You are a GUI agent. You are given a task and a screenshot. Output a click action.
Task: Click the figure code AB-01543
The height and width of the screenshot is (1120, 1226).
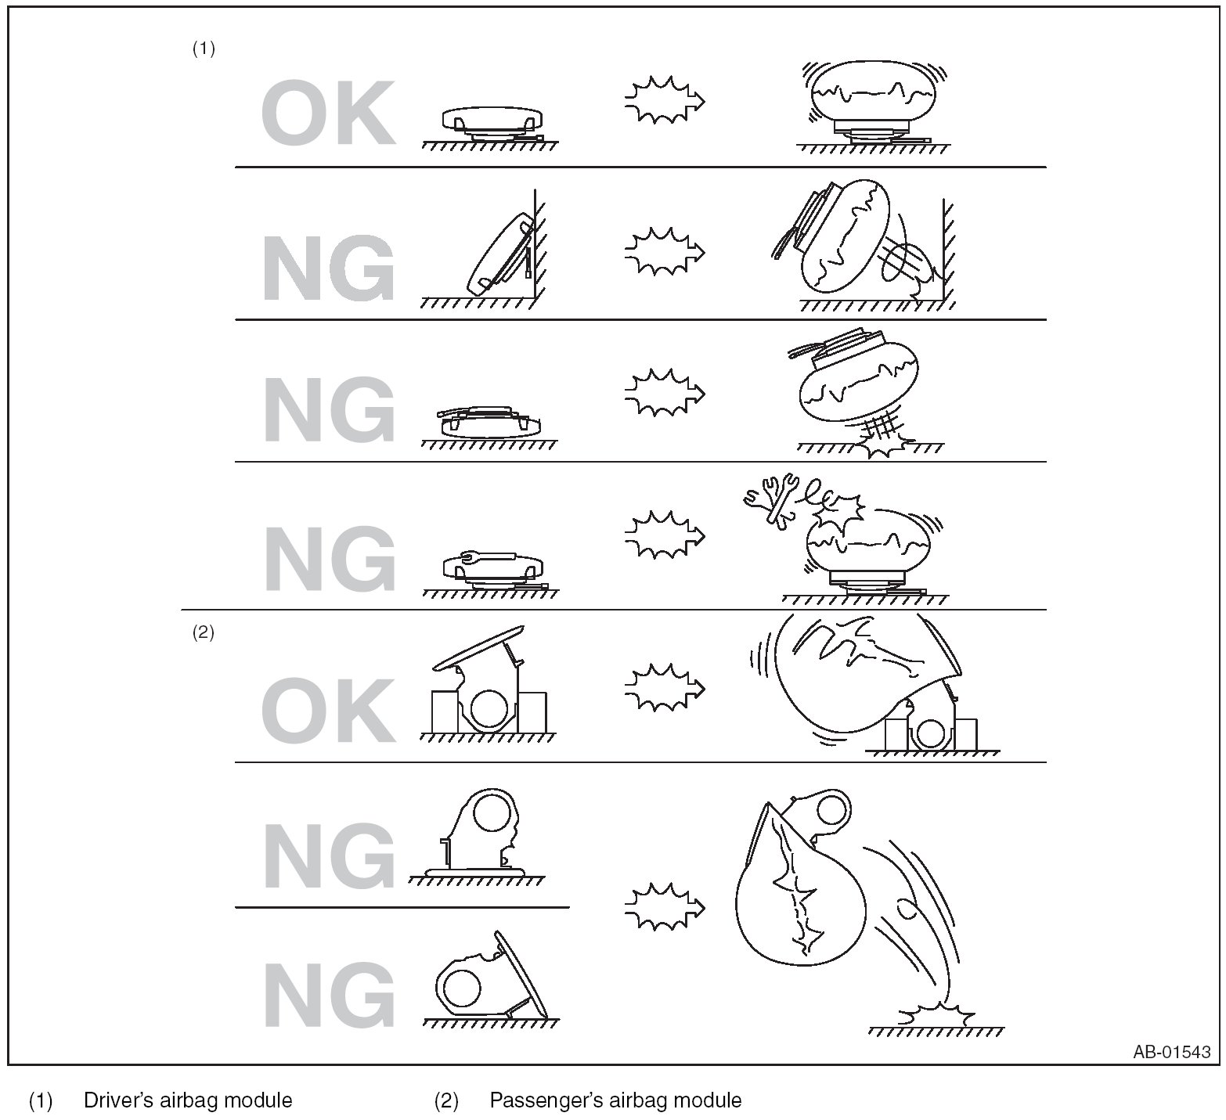click(x=1170, y=1052)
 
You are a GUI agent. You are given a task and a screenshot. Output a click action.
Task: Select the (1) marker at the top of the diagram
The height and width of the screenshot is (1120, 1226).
click(x=204, y=49)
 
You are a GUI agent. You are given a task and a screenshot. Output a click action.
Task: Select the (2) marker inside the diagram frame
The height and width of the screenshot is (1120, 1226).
click(x=204, y=633)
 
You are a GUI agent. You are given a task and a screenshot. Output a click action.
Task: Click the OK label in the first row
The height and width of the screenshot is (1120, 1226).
click(x=327, y=115)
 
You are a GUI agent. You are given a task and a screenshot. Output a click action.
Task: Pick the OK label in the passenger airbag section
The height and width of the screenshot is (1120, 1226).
click(x=327, y=710)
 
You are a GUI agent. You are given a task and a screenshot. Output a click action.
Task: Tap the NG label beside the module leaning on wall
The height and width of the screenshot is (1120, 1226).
click(x=327, y=270)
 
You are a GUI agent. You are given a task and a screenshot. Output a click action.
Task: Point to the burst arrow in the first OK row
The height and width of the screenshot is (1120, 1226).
click(x=665, y=100)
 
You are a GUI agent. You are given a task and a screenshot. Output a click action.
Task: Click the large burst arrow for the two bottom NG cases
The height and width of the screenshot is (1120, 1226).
click(x=665, y=906)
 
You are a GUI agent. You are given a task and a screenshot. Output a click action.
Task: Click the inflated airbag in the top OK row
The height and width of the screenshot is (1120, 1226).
click(x=872, y=91)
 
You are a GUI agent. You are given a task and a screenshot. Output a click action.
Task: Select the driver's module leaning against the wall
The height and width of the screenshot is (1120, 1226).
click(x=503, y=253)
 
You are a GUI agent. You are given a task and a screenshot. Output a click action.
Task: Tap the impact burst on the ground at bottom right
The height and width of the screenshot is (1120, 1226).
click(x=936, y=1015)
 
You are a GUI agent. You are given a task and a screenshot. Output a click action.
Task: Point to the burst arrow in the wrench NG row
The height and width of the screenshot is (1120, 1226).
click(x=665, y=535)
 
